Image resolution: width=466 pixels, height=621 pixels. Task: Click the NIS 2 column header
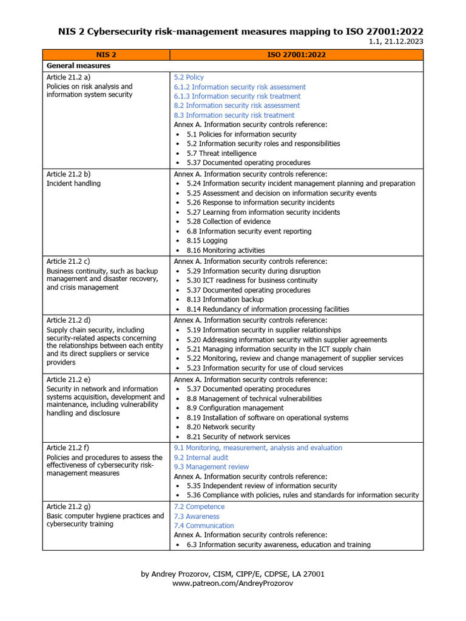pos(106,55)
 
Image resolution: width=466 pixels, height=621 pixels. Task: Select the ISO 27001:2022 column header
pos(296,55)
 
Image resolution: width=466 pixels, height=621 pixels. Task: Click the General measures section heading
pos(78,65)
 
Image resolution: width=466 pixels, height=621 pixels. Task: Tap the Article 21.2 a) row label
pos(69,78)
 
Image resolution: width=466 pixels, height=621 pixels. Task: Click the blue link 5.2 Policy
pos(189,78)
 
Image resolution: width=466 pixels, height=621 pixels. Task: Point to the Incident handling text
pos(73,184)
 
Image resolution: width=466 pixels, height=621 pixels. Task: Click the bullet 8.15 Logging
pos(207,241)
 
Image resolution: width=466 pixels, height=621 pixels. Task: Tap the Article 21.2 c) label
pos(69,261)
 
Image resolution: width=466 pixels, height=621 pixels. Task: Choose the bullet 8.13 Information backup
pos(225,300)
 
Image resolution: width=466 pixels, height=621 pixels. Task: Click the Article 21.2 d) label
pos(69,320)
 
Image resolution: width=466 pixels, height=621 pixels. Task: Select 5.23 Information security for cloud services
pos(265,368)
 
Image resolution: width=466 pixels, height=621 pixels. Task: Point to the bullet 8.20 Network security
pos(221,427)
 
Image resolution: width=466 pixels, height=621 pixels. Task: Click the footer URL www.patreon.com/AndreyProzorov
pos(232,583)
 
